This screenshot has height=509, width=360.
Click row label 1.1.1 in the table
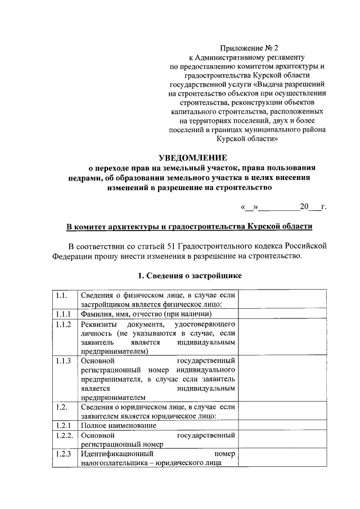click(x=63, y=314)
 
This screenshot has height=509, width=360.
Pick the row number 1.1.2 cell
click(x=63, y=325)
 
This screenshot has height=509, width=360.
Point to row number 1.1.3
click(x=63, y=361)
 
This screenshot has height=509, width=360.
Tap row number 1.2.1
click(x=63, y=425)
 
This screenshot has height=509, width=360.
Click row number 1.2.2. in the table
click(x=64, y=435)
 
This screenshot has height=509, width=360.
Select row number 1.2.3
click(x=63, y=454)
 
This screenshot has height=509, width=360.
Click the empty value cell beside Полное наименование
click(x=282, y=425)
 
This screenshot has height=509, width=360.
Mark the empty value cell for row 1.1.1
click(x=282, y=314)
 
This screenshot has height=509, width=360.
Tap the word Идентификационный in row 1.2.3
click(x=116, y=454)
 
